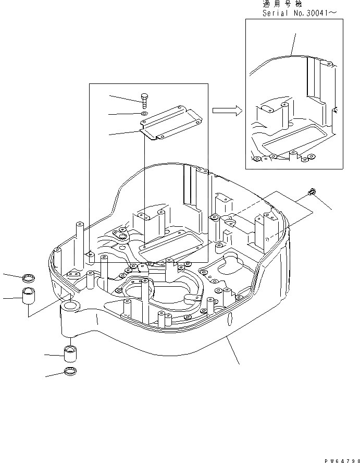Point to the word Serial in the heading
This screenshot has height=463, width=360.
coord(276,13)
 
